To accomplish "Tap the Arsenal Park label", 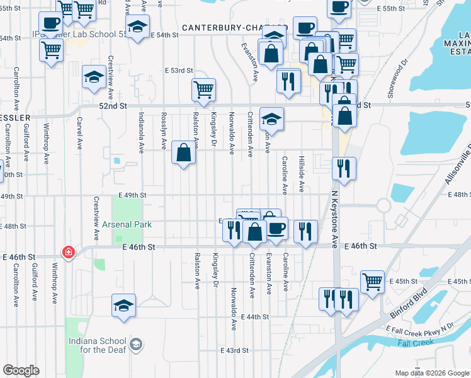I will click(128, 224).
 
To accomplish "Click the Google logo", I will click(21, 370).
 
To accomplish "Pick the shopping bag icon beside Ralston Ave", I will click(183, 153).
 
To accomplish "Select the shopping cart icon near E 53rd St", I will click(203, 91).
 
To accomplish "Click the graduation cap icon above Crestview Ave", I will click(94, 77).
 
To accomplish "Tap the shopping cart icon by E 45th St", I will click(372, 282).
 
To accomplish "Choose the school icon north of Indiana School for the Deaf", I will click(124, 306).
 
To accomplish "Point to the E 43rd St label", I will click(234, 350).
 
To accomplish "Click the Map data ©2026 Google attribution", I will click(431, 372).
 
